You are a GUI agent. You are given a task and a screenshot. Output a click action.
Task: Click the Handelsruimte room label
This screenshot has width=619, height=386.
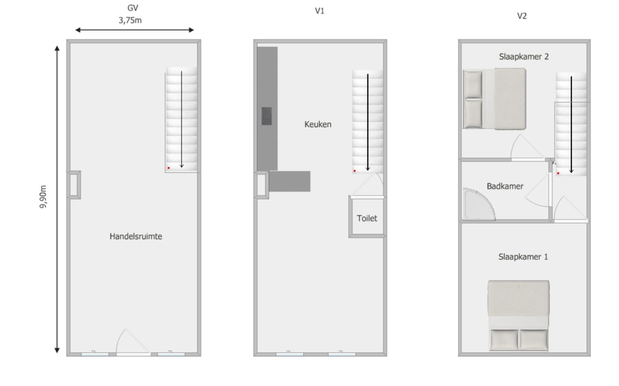(x=136, y=236)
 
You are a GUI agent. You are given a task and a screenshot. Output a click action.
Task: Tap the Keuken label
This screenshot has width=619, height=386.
(x=318, y=124)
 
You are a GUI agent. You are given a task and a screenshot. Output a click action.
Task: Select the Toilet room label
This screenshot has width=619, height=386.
(x=367, y=218)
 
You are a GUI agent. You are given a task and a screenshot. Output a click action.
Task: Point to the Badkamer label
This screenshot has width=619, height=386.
(x=505, y=186)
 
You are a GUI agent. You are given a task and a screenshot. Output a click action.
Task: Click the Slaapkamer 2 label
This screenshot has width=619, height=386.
(x=524, y=57)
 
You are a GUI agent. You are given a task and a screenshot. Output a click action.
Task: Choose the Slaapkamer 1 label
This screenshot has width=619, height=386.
(x=523, y=257)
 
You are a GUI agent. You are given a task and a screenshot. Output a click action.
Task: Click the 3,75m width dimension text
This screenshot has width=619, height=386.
(x=130, y=21)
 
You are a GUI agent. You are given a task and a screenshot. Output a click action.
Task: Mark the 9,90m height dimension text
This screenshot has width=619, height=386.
(x=43, y=197)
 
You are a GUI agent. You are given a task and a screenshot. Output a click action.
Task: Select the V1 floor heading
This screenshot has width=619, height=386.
(x=319, y=11)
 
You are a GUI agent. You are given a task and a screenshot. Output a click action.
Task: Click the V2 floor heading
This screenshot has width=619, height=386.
(x=522, y=16)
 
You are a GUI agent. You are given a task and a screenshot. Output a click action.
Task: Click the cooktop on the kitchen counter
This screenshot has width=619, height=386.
(x=267, y=116)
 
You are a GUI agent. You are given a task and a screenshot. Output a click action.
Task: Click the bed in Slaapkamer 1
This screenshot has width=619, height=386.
(x=518, y=316)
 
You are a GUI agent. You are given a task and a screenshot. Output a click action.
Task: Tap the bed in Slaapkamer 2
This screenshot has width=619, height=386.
(x=494, y=99)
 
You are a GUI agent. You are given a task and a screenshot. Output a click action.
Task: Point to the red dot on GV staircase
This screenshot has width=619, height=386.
(x=168, y=168)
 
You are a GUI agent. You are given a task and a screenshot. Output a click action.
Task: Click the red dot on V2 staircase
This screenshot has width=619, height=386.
(x=558, y=173)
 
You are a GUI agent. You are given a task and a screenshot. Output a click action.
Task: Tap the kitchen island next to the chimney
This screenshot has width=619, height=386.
(x=289, y=181)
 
